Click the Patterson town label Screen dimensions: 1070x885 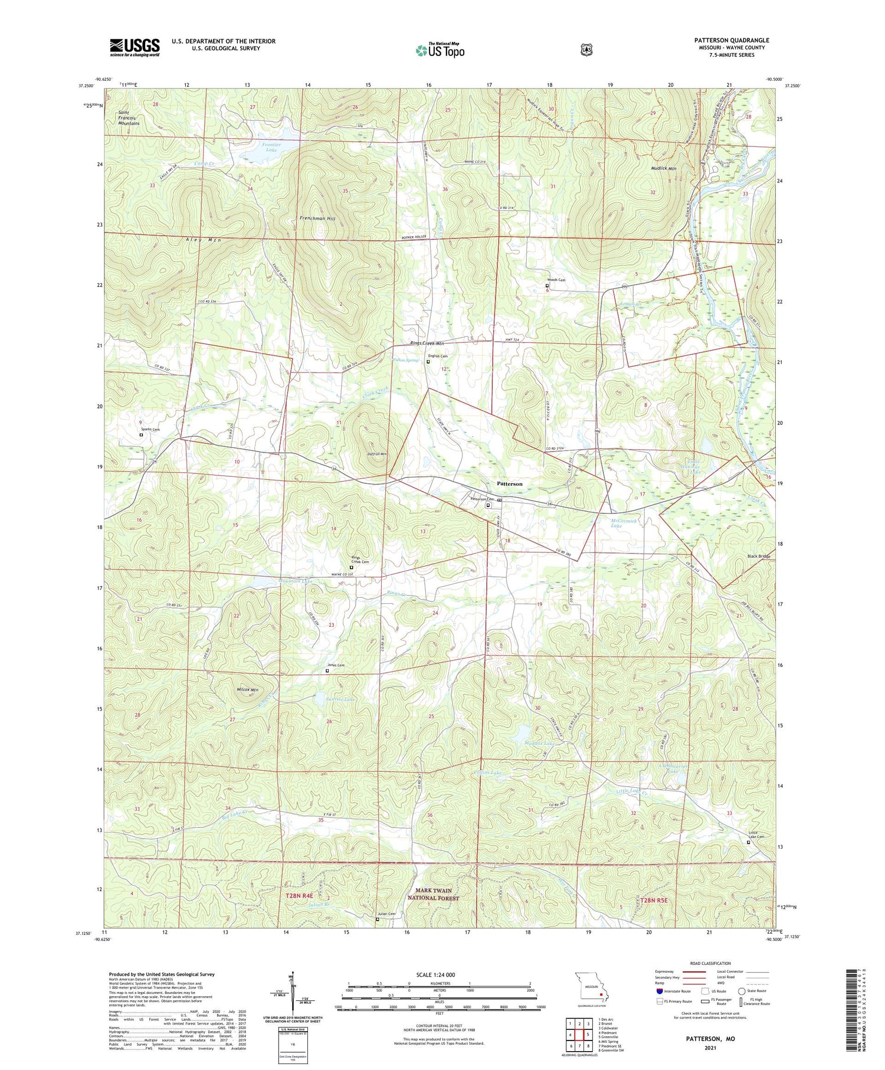point(510,483)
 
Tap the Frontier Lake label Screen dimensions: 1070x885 point(271,147)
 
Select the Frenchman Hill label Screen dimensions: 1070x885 point(317,218)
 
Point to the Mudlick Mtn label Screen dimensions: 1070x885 point(664,169)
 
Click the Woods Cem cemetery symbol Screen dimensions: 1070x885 point(547,286)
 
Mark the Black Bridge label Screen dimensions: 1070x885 point(759,557)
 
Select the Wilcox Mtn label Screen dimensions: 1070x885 point(247,690)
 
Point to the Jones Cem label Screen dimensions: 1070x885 point(336,665)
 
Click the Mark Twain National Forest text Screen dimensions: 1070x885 point(433,894)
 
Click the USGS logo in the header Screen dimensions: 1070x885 point(135,47)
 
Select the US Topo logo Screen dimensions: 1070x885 point(440,51)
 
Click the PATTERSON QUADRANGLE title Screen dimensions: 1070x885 point(731,40)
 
